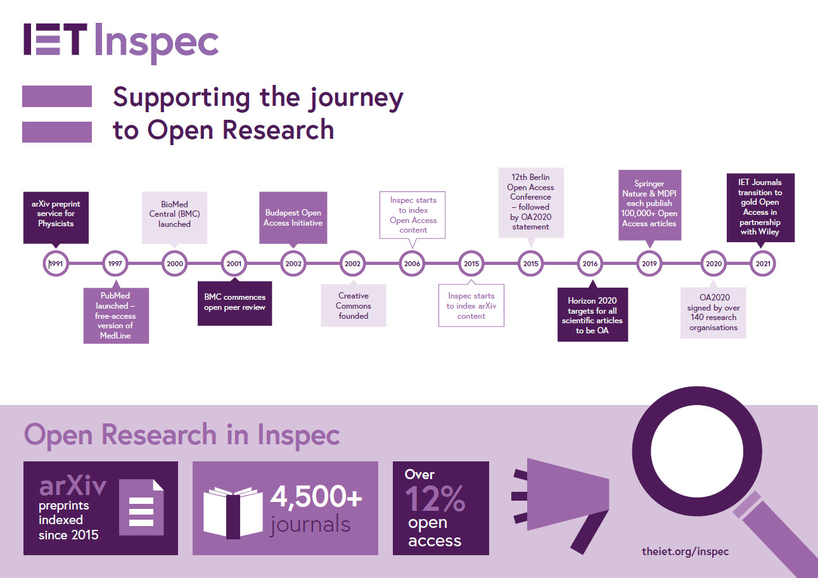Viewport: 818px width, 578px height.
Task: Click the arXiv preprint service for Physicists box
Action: (x=56, y=218)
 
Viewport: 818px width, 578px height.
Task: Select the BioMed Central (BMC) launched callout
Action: (x=174, y=218)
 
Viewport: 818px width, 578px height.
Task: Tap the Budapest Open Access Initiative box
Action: (x=293, y=218)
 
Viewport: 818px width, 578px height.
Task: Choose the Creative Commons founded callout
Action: (x=354, y=305)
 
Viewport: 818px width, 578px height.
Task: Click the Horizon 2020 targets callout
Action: (x=592, y=314)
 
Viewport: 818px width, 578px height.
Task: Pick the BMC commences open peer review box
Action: (x=235, y=303)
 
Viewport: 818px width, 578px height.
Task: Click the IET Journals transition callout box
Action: (x=761, y=207)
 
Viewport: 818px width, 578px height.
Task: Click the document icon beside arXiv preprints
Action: (x=141, y=507)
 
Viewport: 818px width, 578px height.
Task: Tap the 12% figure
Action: (x=435, y=498)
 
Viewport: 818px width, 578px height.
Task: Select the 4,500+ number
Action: (x=316, y=496)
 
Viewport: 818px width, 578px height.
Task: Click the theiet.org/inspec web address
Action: (x=685, y=551)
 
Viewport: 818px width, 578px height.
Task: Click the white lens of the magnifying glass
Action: (x=697, y=451)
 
